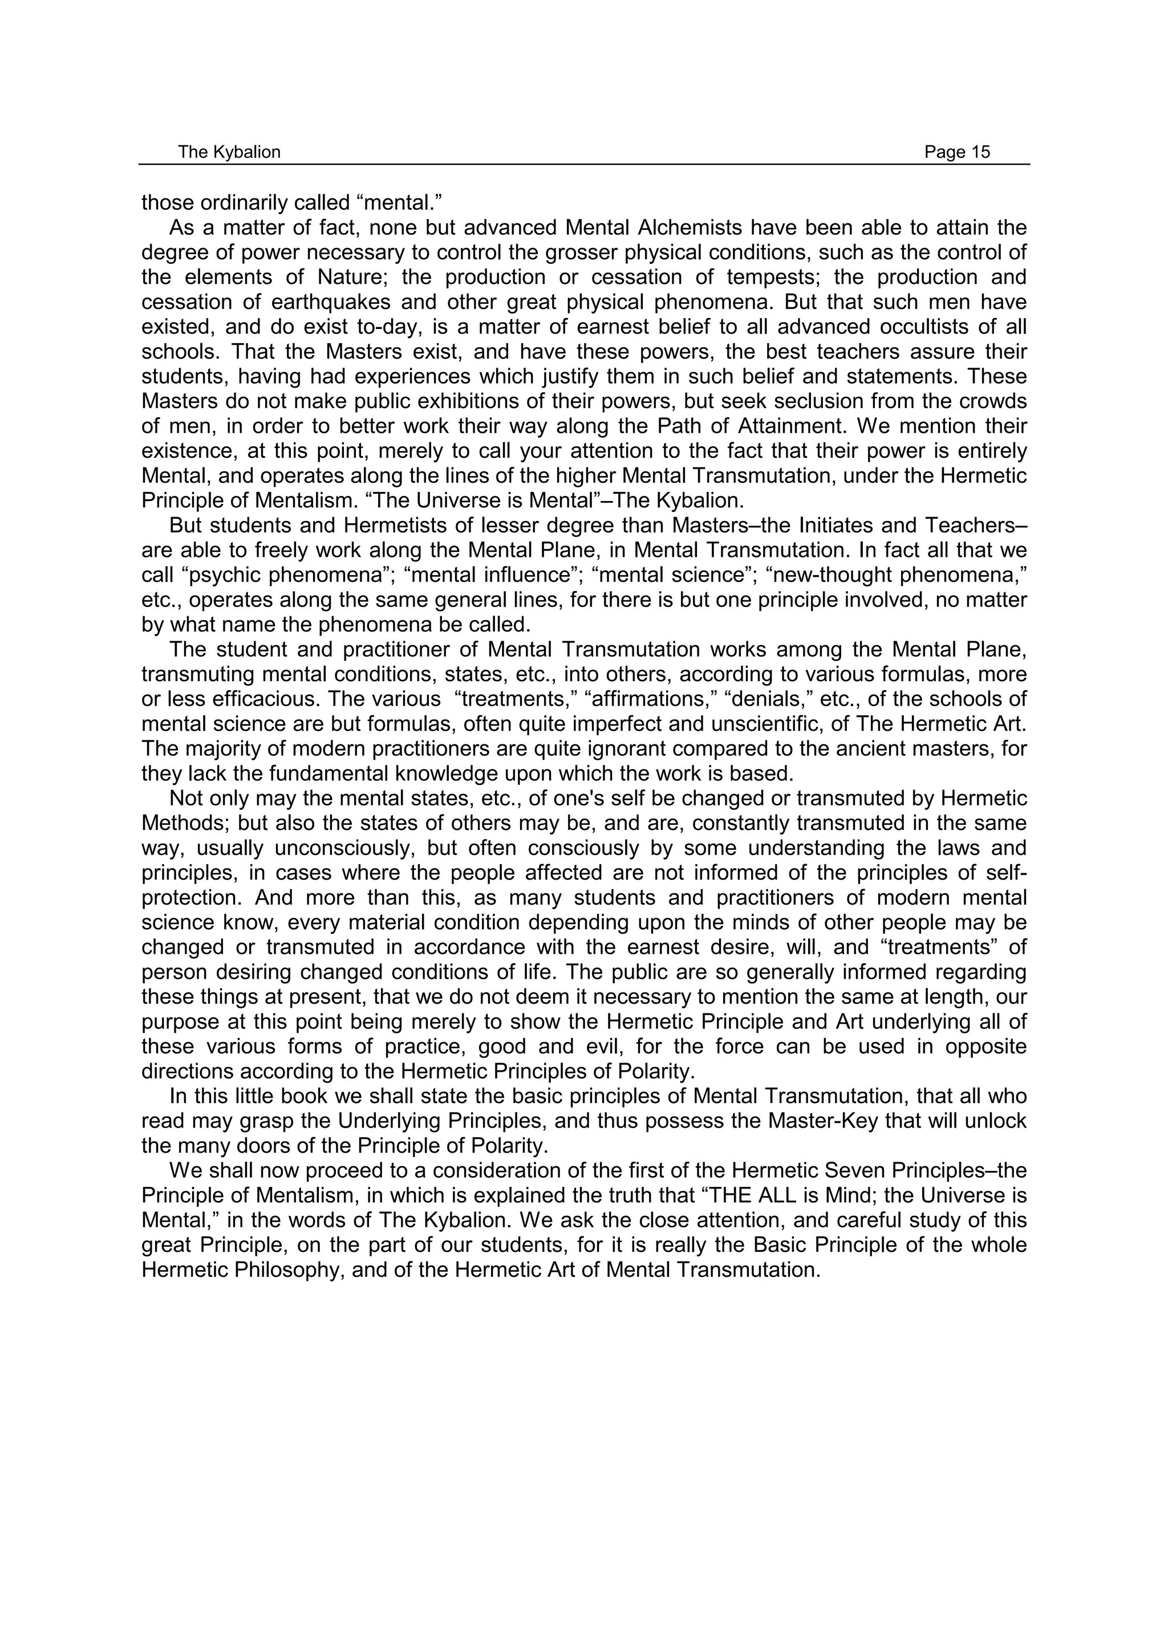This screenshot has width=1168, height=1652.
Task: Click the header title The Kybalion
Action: [229, 152]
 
